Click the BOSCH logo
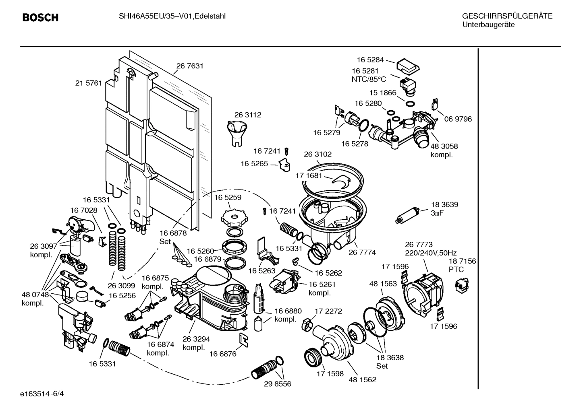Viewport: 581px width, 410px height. click(40, 18)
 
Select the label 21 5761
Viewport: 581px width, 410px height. click(89, 83)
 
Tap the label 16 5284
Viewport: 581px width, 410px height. click(370, 60)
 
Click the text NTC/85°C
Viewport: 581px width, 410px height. click(369, 79)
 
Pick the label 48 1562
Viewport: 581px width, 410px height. click(362, 379)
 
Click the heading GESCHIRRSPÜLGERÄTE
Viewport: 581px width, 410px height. click(507, 16)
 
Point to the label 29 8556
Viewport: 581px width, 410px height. click(278, 384)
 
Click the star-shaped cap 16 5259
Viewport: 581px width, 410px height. click(233, 218)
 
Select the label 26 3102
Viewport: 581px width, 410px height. click(317, 154)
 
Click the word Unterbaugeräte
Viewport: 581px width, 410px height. click(488, 25)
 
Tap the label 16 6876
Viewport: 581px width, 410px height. click(223, 354)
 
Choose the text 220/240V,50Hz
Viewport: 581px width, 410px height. click(431, 253)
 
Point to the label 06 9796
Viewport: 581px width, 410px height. click(458, 119)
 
